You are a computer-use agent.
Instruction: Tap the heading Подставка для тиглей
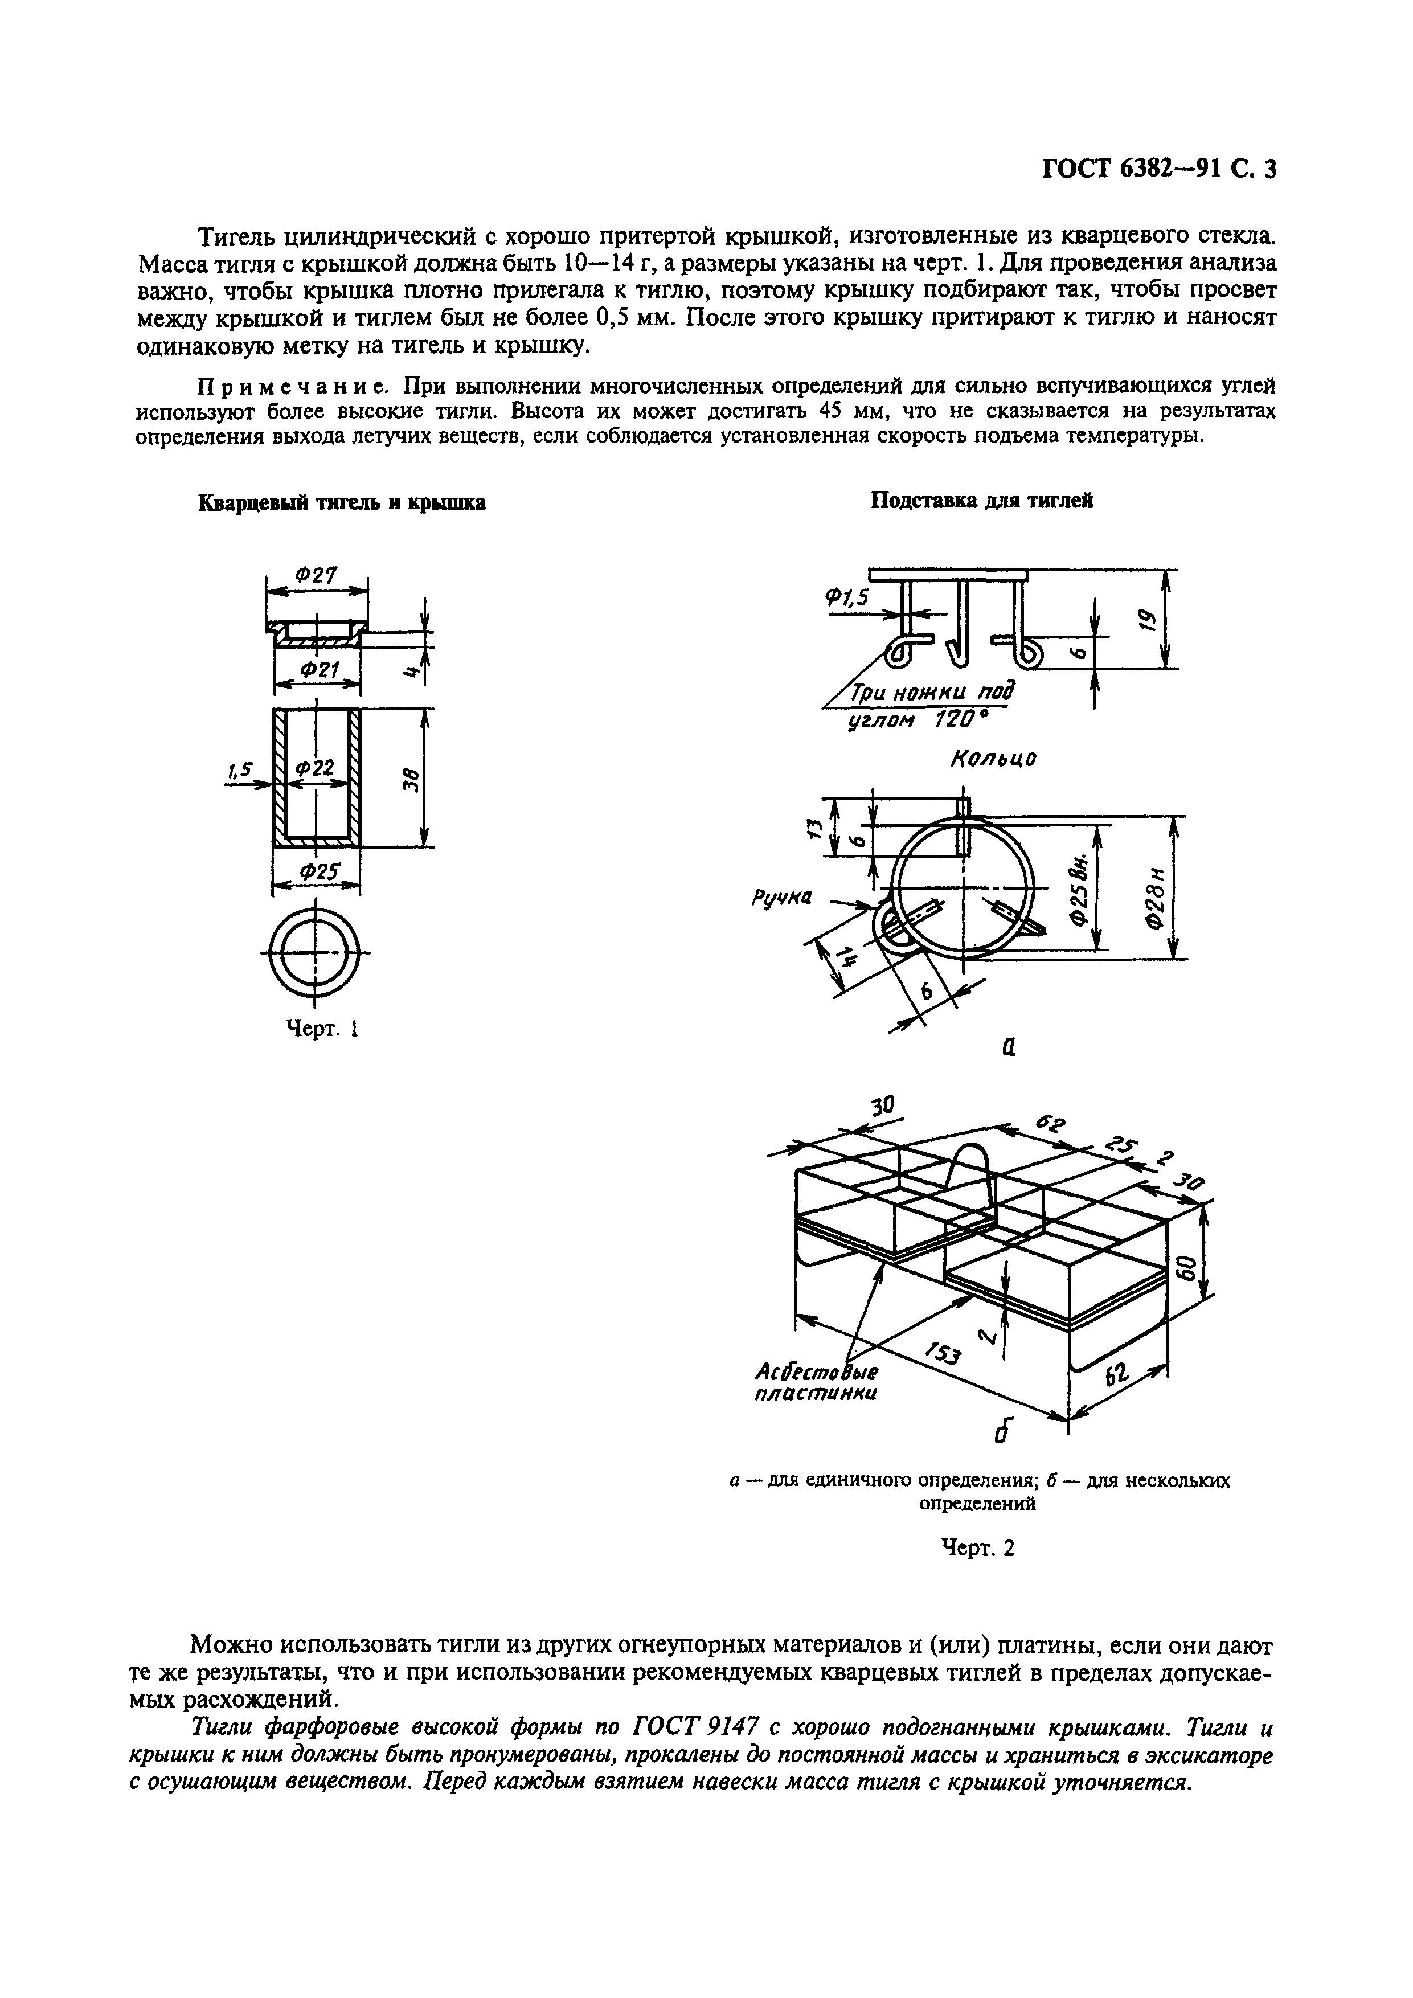coord(981,501)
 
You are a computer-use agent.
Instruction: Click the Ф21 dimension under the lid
coord(318,669)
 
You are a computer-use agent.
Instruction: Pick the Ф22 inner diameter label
coord(315,768)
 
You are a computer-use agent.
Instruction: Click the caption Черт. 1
coord(323,1029)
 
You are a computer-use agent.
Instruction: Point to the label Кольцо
coord(993,758)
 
